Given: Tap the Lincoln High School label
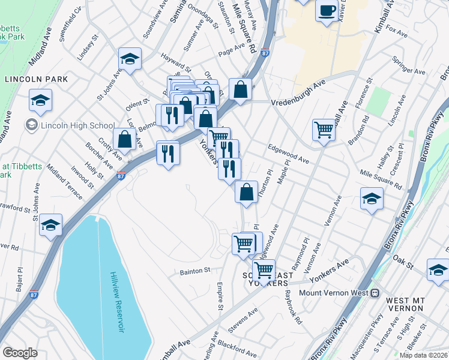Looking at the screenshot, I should (x=76, y=125).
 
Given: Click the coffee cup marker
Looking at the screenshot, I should (x=327, y=11).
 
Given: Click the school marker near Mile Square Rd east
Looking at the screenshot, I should (x=372, y=198).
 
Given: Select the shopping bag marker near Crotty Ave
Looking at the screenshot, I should (x=124, y=139).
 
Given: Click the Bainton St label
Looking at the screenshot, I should (x=193, y=271).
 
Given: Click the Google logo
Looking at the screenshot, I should (x=20, y=352).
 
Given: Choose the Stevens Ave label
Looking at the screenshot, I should (x=243, y=322).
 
